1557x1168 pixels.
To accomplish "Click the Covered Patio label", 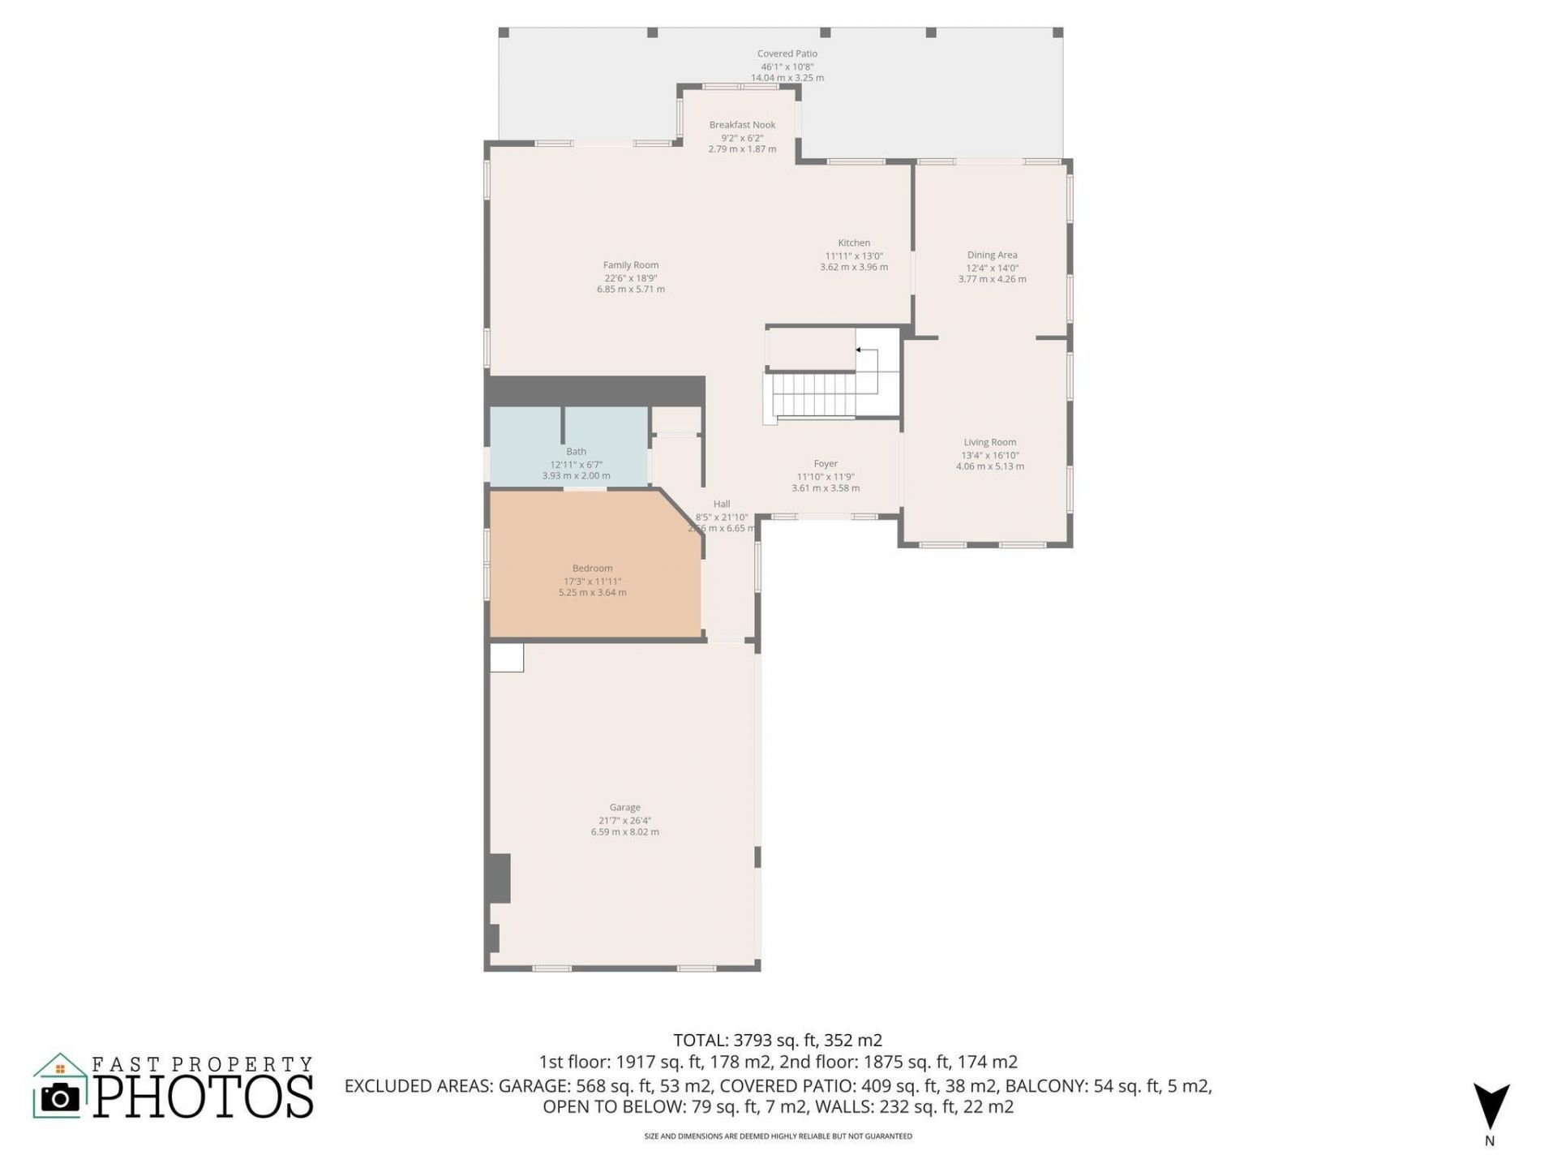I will click(x=787, y=54).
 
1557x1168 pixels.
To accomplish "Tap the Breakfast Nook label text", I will click(x=742, y=125).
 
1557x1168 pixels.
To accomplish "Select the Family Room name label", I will click(x=630, y=265).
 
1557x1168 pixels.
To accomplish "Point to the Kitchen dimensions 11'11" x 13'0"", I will click(x=853, y=255).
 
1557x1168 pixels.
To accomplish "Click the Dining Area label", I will click(x=991, y=255).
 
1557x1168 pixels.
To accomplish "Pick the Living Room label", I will click(x=989, y=442).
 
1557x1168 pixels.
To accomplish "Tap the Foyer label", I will click(x=826, y=464).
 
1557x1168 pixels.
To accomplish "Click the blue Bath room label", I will click(x=576, y=452).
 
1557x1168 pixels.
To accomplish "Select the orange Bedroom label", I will click(x=592, y=569).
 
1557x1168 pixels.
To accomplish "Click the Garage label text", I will click(x=624, y=807).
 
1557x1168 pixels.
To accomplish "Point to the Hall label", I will click(x=721, y=505).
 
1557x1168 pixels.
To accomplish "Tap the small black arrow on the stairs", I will click(x=859, y=350).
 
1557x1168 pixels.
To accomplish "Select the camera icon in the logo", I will click(x=60, y=1097).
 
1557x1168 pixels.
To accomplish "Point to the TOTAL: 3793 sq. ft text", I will click(x=777, y=1040).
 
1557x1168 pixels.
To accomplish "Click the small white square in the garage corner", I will click(x=507, y=658).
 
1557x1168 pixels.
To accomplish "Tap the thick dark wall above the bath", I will click(x=594, y=390).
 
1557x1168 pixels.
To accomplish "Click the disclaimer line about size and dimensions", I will click(x=778, y=1136).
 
